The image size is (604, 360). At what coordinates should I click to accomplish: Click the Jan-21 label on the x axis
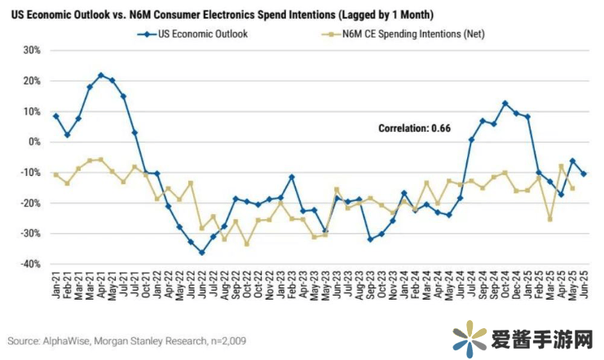(56, 286)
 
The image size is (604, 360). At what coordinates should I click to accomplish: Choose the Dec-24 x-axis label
(515, 286)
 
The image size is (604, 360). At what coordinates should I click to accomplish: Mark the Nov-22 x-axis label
(269, 286)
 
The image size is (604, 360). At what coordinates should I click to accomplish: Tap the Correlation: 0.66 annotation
(414, 128)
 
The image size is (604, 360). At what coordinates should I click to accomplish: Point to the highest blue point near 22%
(101, 75)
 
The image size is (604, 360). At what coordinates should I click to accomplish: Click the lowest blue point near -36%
(201, 252)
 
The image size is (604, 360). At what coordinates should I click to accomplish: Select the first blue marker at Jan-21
(55, 116)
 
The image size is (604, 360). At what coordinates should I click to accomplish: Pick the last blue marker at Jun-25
(584, 173)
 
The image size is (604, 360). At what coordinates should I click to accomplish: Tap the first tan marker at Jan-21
(55, 174)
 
